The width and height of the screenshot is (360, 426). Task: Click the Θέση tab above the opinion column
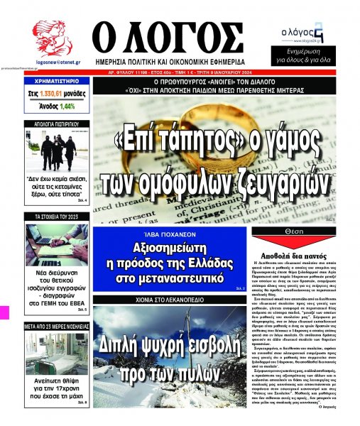click(306, 231)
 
